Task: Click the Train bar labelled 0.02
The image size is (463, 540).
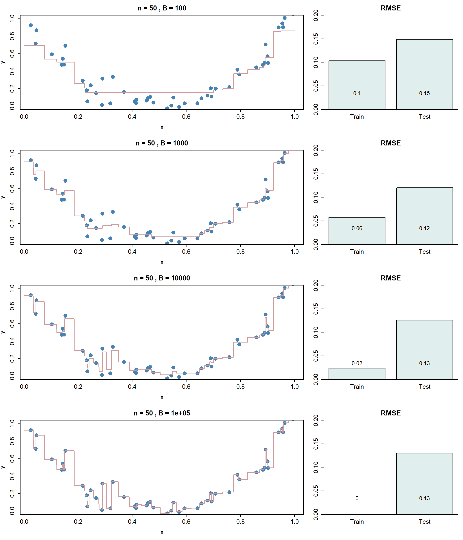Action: (357, 373)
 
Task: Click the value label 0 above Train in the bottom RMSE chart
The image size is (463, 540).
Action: (357, 498)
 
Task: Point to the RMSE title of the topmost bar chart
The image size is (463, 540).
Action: (390, 8)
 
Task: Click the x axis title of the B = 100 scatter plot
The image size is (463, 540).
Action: (162, 127)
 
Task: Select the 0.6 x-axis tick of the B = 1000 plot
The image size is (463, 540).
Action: (186, 252)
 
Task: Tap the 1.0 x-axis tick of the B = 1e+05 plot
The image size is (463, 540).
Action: (295, 522)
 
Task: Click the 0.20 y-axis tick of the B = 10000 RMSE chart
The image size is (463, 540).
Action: (316, 285)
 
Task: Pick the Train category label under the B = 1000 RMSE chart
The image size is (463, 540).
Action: (357, 252)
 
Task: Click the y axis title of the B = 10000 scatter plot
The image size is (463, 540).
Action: (3, 332)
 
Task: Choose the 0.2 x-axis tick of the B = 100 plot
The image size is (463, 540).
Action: (78, 117)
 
